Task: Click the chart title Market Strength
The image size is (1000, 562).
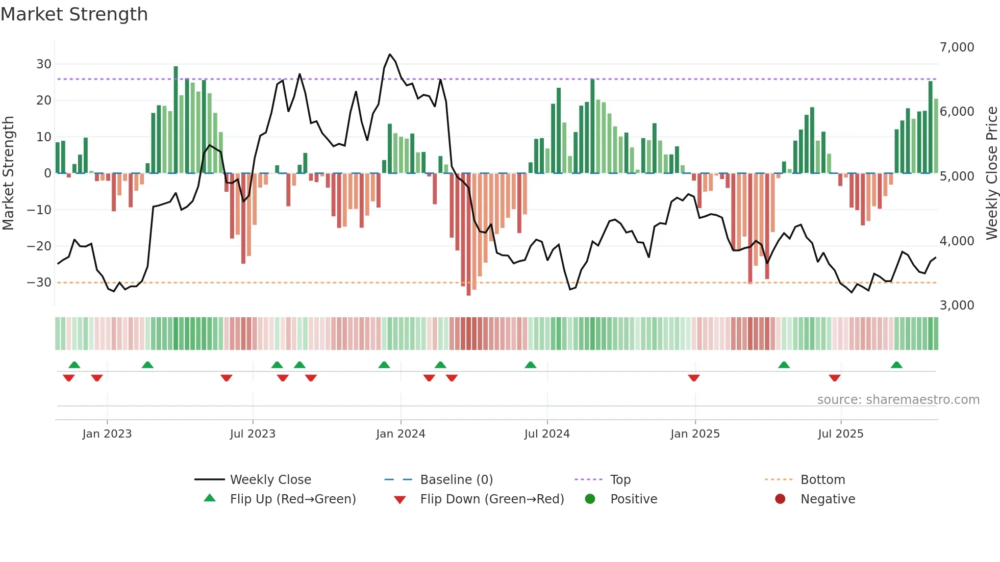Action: click(74, 14)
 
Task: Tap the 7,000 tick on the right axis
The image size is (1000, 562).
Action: click(957, 47)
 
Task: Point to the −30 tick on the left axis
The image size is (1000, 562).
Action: click(39, 283)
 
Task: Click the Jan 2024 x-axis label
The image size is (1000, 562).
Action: click(401, 434)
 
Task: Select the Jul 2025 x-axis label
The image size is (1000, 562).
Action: click(840, 434)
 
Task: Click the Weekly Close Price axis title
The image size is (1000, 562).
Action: click(991, 173)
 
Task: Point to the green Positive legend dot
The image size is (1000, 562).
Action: click(590, 499)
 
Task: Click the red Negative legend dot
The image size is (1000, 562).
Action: click(780, 499)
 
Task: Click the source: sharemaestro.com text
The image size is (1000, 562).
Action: click(898, 400)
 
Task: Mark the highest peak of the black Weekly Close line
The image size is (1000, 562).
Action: click(390, 55)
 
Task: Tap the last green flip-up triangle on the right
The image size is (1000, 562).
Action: click(896, 365)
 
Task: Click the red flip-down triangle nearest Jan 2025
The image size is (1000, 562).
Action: click(693, 378)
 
